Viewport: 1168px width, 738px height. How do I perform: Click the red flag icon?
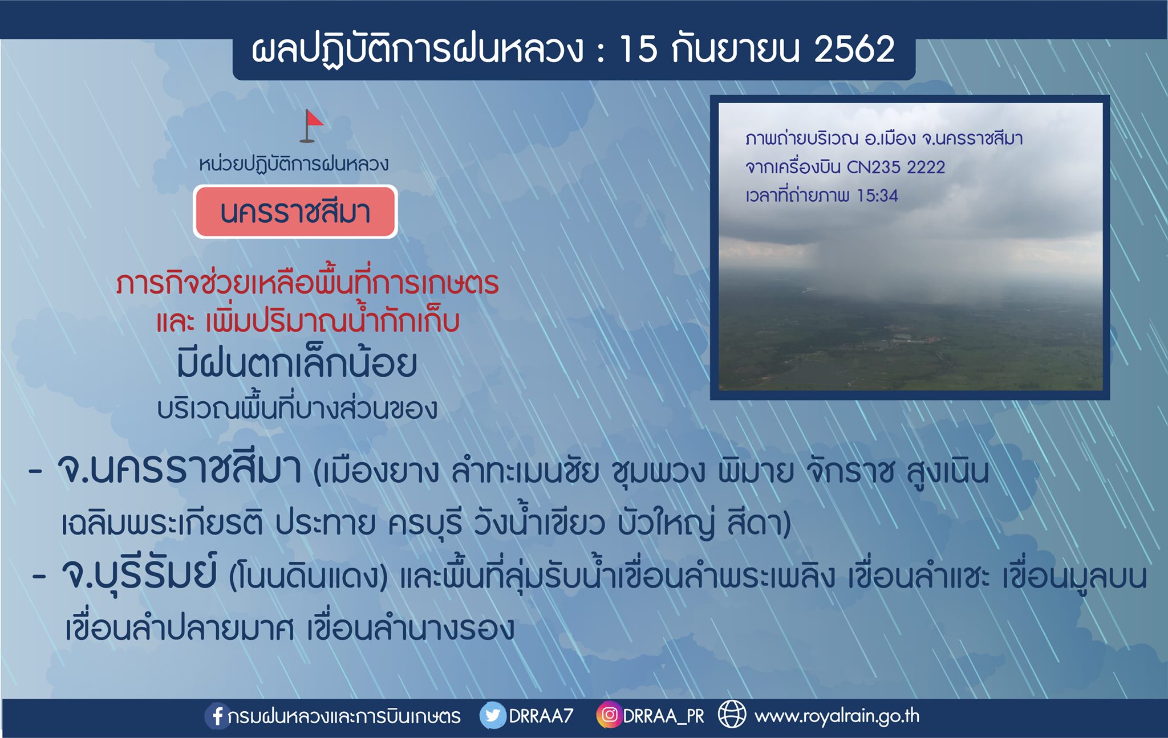click(x=311, y=126)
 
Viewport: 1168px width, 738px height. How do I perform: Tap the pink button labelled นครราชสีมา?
click(x=295, y=211)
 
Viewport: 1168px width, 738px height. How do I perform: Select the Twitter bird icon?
click(x=492, y=715)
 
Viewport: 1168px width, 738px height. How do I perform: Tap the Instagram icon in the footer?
click(x=609, y=715)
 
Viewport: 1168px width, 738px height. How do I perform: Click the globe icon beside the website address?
click(x=732, y=715)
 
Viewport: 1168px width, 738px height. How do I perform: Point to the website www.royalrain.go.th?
click(x=837, y=716)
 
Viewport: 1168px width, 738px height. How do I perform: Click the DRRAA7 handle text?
click(x=541, y=716)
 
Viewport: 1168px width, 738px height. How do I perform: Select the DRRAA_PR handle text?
click(x=664, y=716)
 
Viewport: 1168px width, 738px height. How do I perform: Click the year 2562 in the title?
click(x=854, y=49)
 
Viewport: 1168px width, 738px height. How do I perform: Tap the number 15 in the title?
click(x=639, y=49)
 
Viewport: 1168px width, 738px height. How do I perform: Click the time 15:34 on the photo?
click(x=878, y=195)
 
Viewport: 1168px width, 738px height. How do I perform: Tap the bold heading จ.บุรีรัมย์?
click(x=139, y=574)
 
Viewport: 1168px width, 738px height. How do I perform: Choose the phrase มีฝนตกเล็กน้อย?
click(x=297, y=364)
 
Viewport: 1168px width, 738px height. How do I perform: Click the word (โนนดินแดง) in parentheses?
click(x=308, y=577)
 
